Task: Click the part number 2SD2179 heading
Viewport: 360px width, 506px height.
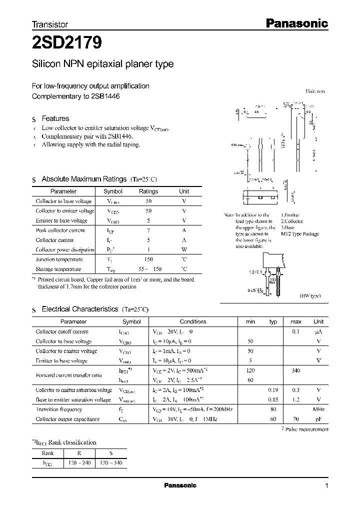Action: [x=67, y=43]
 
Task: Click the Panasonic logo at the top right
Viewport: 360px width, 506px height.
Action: [x=295, y=23]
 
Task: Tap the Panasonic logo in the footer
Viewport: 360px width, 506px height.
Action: [x=180, y=485]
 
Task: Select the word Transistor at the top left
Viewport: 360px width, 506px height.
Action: [x=50, y=24]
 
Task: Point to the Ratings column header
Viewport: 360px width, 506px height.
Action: [x=148, y=191]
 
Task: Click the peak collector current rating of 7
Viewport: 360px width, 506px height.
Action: [x=148, y=230]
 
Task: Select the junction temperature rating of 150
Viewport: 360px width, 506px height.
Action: [x=148, y=259]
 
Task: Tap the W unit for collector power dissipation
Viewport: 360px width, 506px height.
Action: [x=184, y=249]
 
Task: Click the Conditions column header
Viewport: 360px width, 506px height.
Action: [x=193, y=322]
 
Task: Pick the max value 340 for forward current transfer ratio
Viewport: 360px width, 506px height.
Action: [x=295, y=370]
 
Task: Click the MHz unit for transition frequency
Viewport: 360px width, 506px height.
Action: [x=318, y=409]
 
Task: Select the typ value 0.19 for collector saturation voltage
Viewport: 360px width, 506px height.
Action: [x=273, y=390]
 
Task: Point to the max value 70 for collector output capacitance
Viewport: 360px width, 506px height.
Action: [x=295, y=419]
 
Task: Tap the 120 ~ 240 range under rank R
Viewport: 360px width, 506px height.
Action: [x=81, y=463]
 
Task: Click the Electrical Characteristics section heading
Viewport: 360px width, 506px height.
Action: [x=79, y=309]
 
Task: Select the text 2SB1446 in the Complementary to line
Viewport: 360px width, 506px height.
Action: [x=105, y=96]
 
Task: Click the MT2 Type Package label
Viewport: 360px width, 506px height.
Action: [x=299, y=234]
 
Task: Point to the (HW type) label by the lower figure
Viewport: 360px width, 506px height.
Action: [x=310, y=296]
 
